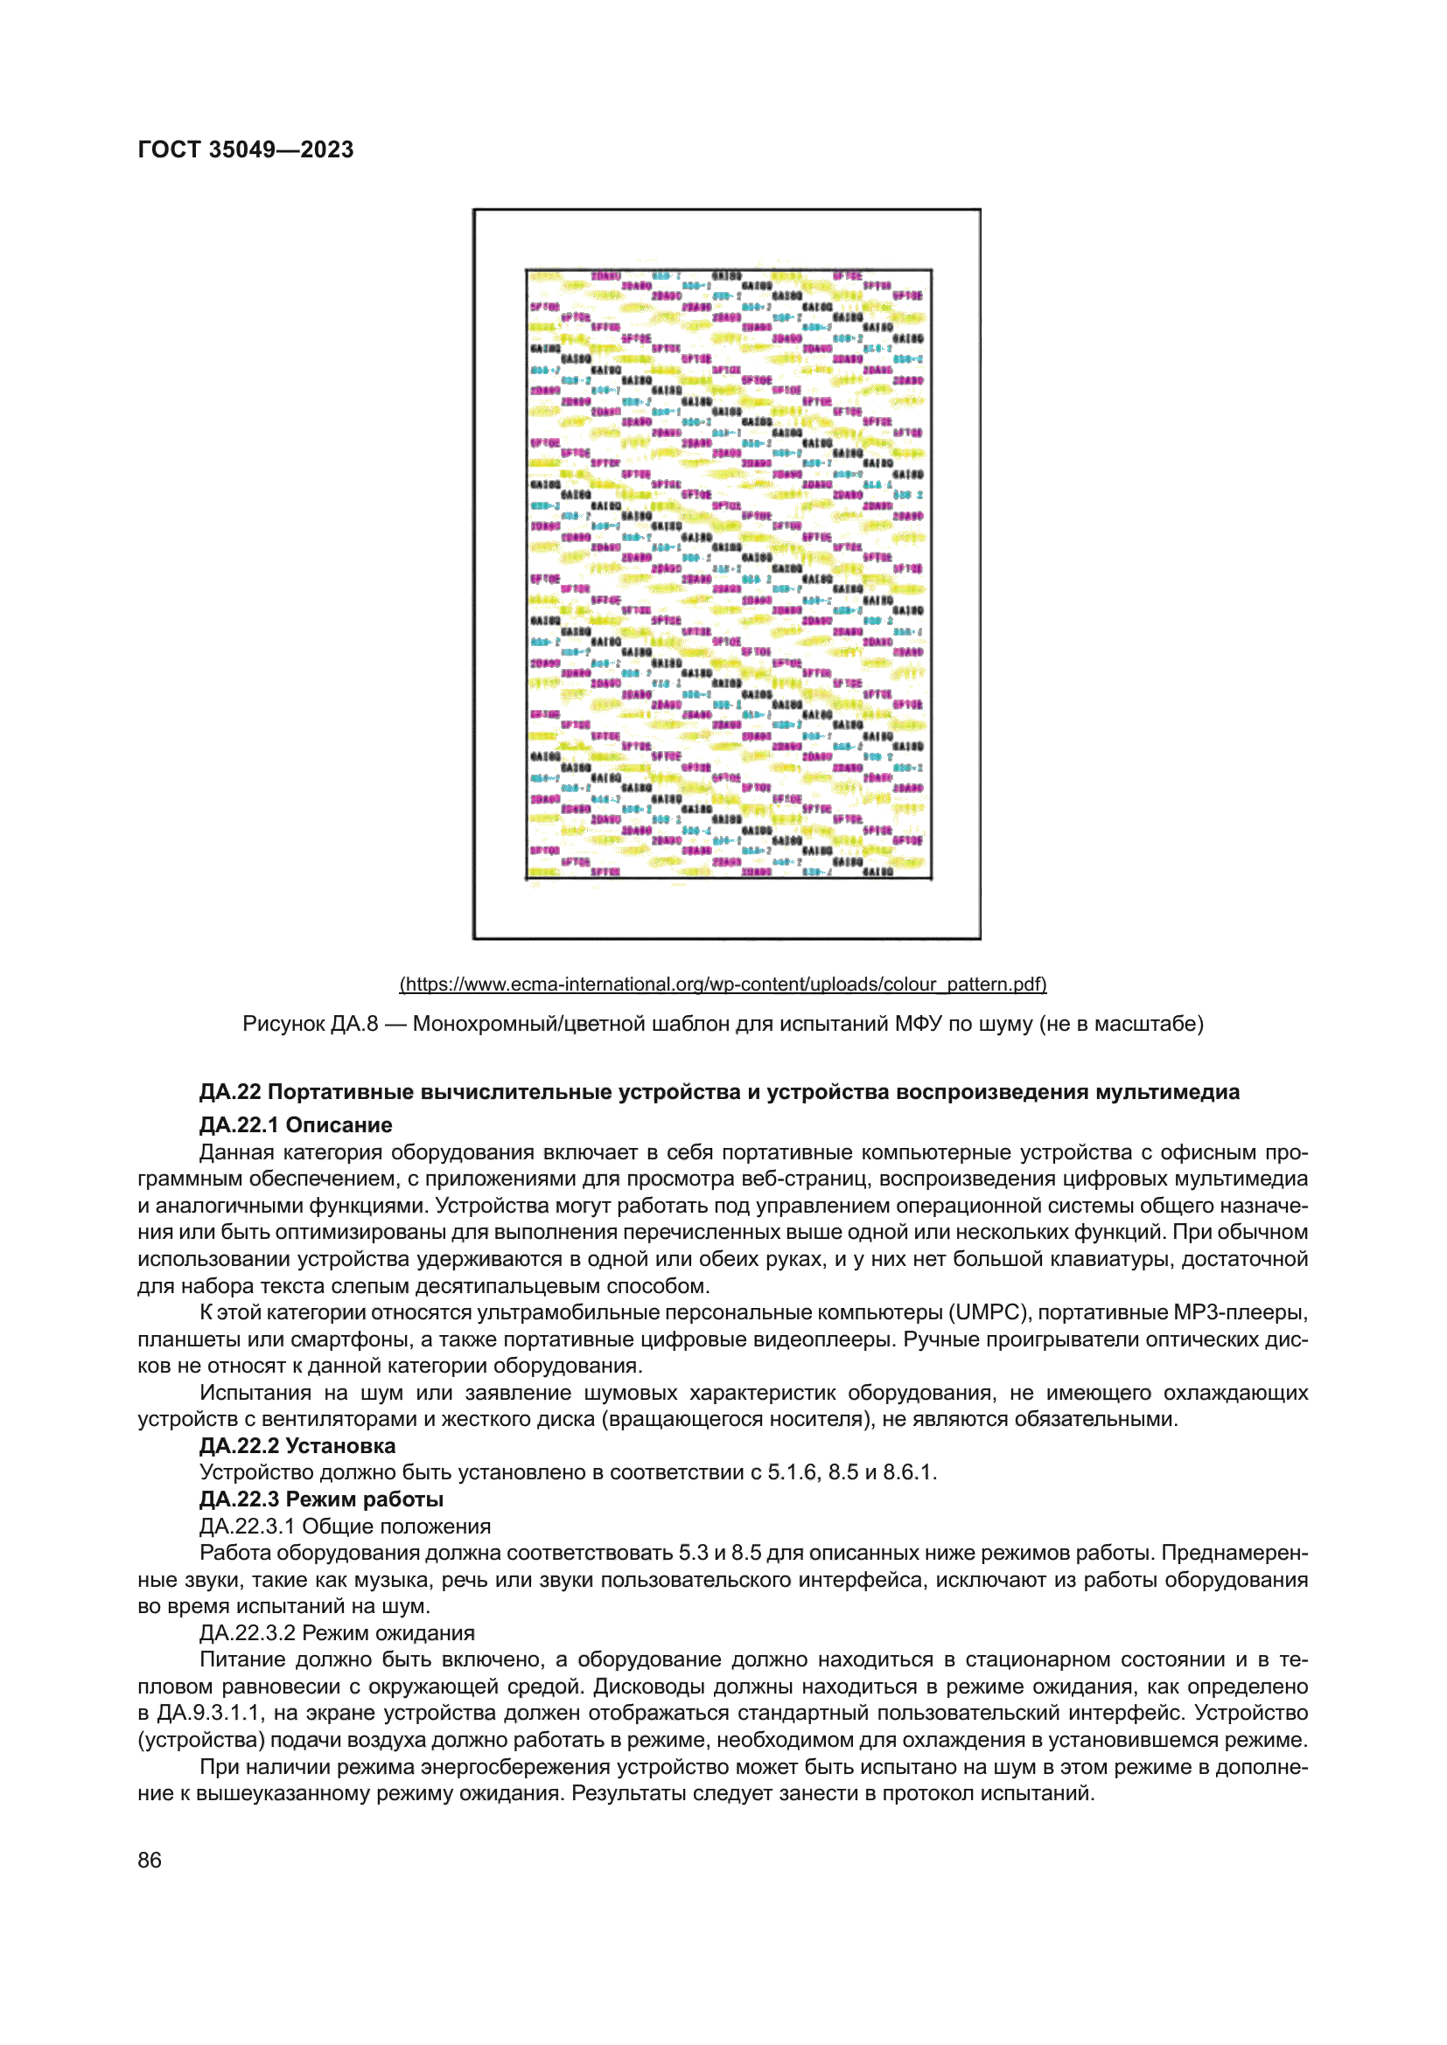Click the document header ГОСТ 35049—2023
(245, 150)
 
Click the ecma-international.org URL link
(723, 984)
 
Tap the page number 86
(150, 1860)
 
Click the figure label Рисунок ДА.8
(310, 1025)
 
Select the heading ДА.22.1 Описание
(295, 1125)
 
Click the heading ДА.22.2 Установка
(297, 1445)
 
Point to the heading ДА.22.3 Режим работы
(321, 1499)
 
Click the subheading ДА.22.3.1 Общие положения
(344, 1526)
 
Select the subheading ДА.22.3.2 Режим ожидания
(336, 1632)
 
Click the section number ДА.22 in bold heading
(230, 1092)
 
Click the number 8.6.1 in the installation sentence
(908, 1472)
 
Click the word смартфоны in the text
(341, 1339)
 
